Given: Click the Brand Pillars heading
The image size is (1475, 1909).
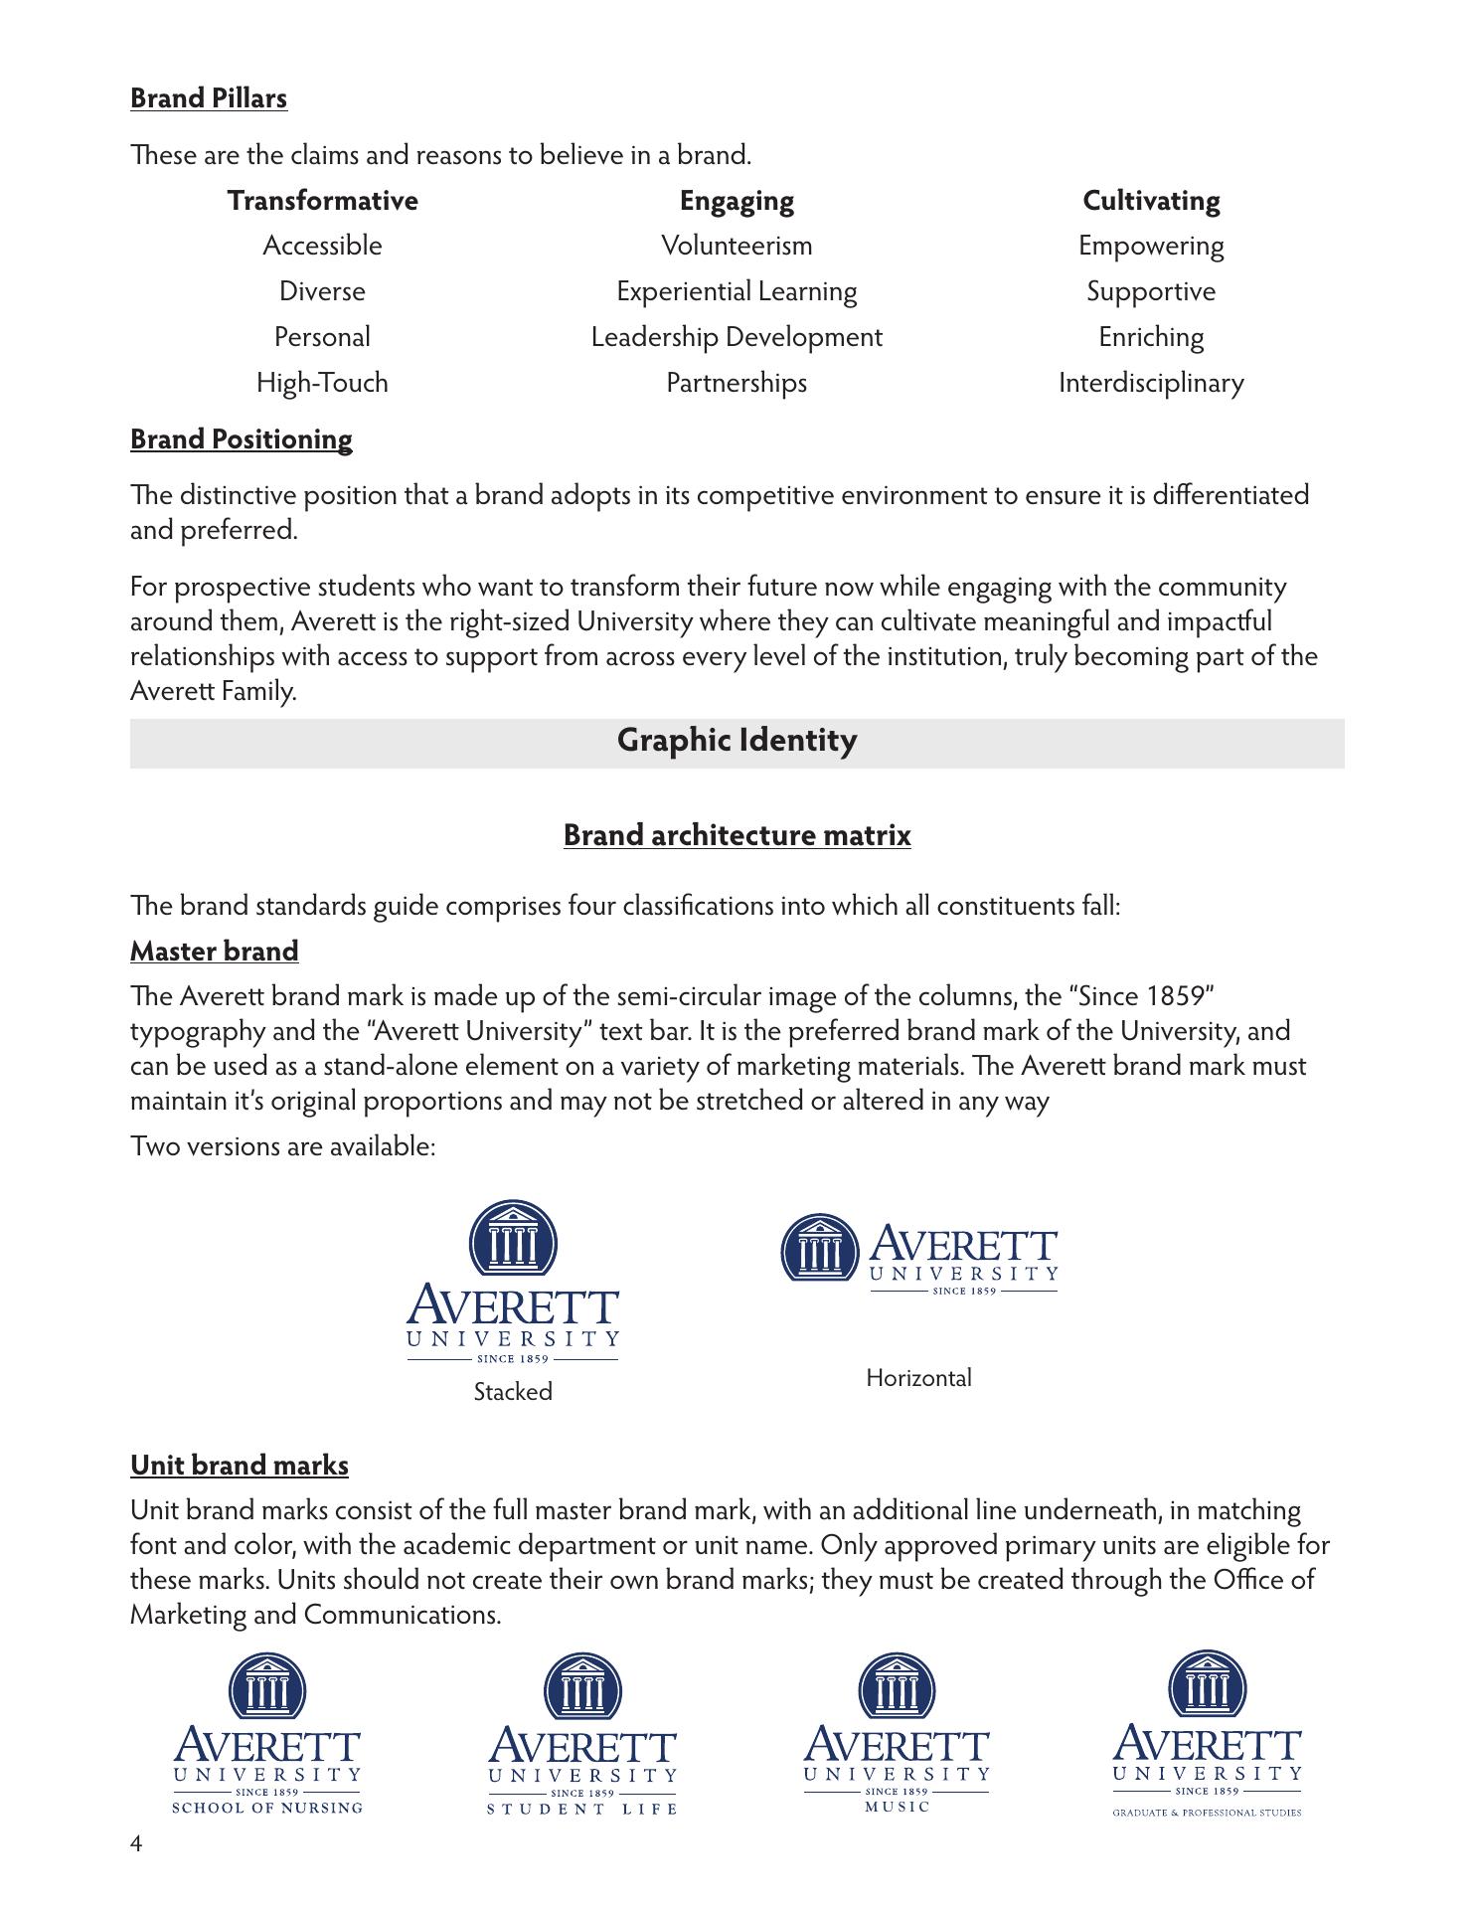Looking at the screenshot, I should pyautogui.click(x=209, y=98).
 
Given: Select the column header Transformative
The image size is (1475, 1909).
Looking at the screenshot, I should pyautogui.click(x=322, y=201).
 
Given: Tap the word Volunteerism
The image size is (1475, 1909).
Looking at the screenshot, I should pyautogui.click(x=737, y=246).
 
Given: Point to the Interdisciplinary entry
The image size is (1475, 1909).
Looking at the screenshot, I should pyautogui.click(x=1151, y=383).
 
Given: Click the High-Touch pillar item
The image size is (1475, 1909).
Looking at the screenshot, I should pyautogui.click(x=322, y=383).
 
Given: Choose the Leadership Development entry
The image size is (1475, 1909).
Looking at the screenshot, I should pyautogui.click(x=737, y=337).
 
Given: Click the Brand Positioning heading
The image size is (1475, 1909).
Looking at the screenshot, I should pyautogui.click(x=241, y=439).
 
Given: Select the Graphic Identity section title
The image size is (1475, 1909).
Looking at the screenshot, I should pyautogui.click(x=737, y=741).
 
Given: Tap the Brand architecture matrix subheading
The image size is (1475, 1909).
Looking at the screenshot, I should pyautogui.click(x=737, y=835).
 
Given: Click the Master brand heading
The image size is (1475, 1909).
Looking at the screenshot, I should pyautogui.click(x=214, y=952).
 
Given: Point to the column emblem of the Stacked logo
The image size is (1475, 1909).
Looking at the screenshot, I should pyautogui.click(x=513, y=1238).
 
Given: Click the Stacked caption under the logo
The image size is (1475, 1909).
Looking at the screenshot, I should pyautogui.click(x=513, y=1392).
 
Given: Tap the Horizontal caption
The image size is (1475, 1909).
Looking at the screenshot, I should pyautogui.click(x=918, y=1378).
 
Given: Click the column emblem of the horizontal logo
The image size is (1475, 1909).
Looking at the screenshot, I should pyautogui.click(x=820, y=1248).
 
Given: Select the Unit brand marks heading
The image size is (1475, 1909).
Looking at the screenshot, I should pyautogui.click(x=239, y=1466).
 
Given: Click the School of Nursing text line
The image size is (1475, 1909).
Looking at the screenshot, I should pyautogui.click(x=267, y=1808).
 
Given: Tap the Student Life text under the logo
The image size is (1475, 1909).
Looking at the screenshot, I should pyautogui.click(x=582, y=1809).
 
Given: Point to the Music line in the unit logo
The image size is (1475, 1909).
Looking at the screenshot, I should pyautogui.click(x=897, y=1807).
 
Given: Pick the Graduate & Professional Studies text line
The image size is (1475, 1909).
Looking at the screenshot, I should pyautogui.click(x=1207, y=1813).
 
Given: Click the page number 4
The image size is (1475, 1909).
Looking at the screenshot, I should pyautogui.click(x=136, y=1844).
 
